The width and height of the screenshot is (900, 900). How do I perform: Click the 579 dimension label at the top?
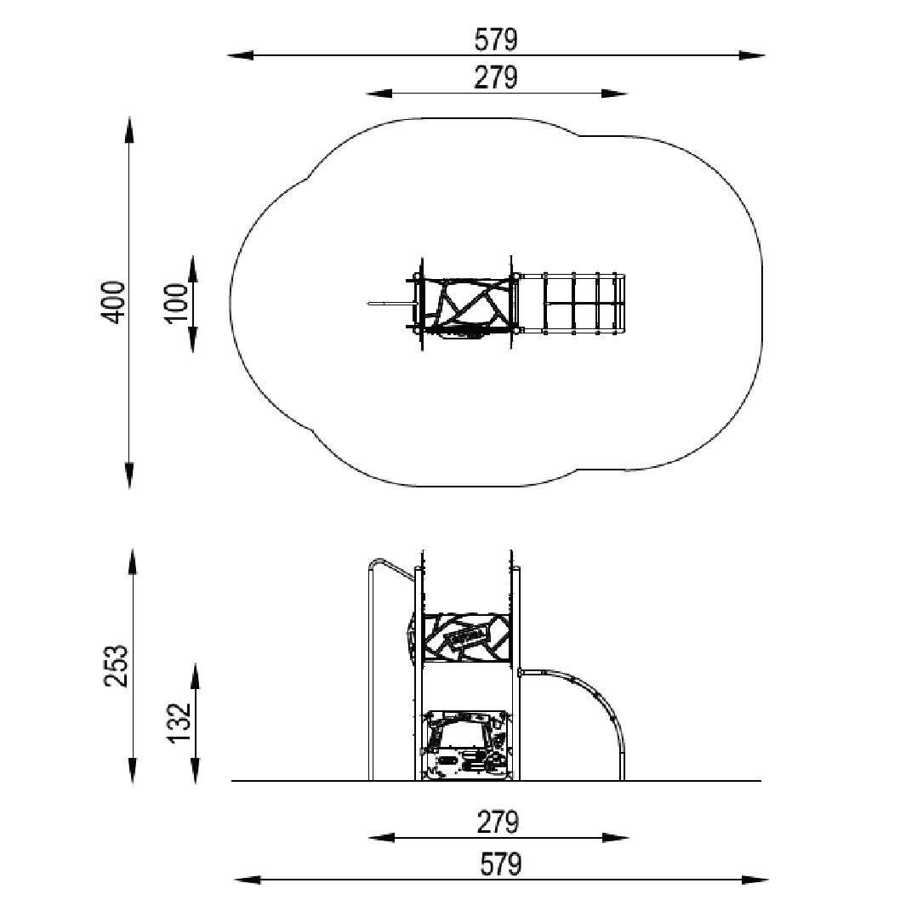pos(496,40)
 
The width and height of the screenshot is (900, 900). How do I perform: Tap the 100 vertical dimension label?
pos(179,303)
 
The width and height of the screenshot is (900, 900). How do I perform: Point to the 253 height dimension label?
pos(116,666)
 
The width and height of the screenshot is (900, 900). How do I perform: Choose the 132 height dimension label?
pos(179,721)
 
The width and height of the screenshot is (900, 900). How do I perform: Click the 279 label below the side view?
pos(498,822)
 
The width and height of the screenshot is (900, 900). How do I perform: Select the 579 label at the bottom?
pos(501,864)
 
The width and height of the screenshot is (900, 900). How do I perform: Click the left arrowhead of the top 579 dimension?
pos(241,55)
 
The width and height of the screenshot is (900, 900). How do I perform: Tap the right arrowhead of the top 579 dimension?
pos(752,55)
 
